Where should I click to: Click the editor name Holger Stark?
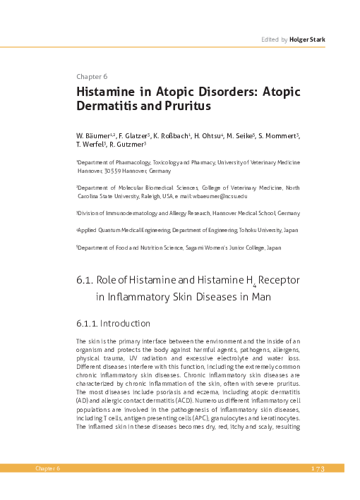coord(307,41)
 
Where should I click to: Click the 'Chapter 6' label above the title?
coord(91,77)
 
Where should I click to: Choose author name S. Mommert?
coord(277,135)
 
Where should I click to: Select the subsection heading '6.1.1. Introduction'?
coord(113,324)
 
